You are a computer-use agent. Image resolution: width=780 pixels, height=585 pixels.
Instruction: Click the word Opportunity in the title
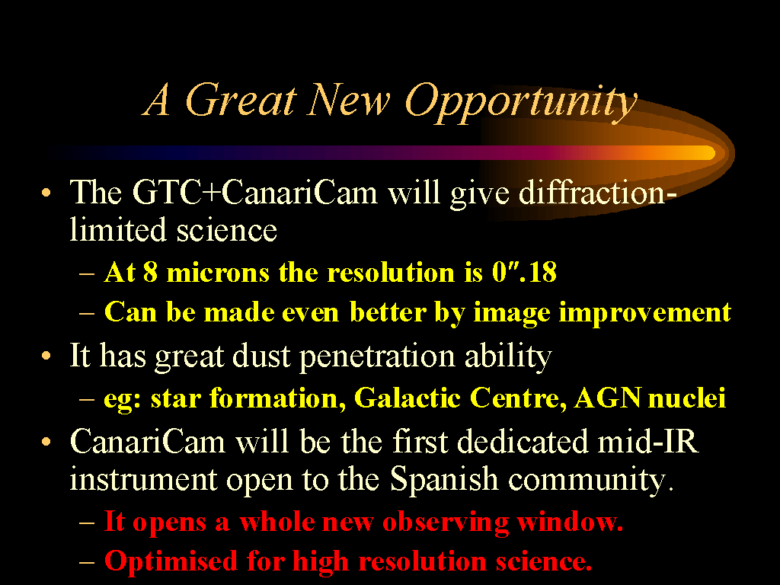click(x=521, y=103)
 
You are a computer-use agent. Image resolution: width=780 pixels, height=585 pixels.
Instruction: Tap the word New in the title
click(x=347, y=100)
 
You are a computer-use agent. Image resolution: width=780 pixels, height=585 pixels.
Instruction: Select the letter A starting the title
click(x=158, y=100)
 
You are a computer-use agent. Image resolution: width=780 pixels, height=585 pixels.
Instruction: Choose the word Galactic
click(x=408, y=398)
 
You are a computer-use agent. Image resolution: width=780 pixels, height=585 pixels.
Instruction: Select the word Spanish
click(x=444, y=480)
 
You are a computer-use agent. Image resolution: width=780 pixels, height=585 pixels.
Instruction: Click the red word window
click(x=570, y=522)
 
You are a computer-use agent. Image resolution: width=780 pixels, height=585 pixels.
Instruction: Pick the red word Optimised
click(x=171, y=561)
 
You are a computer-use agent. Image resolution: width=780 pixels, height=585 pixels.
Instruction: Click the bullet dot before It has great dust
click(x=46, y=356)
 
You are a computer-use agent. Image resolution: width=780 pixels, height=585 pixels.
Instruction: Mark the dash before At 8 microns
click(x=87, y=274)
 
